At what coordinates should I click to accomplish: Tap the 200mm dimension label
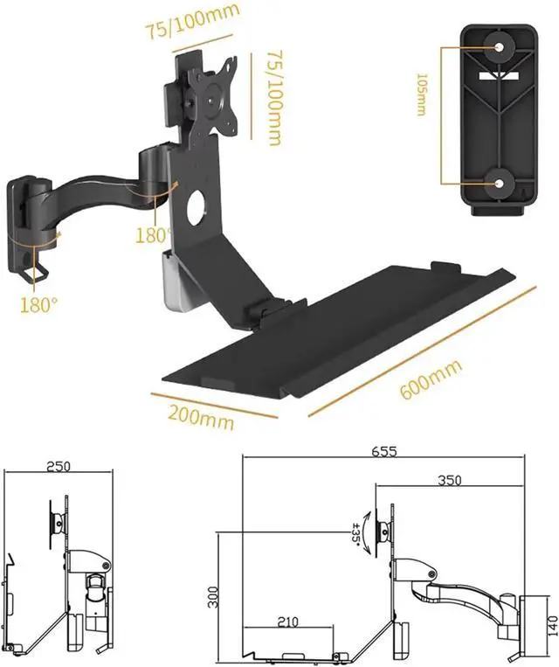202,417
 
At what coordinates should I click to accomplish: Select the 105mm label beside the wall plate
422,95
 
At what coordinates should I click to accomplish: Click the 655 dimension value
383,451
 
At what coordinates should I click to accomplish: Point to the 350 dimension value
449,480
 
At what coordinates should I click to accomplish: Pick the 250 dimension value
59,466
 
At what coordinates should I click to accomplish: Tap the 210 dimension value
287,622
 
